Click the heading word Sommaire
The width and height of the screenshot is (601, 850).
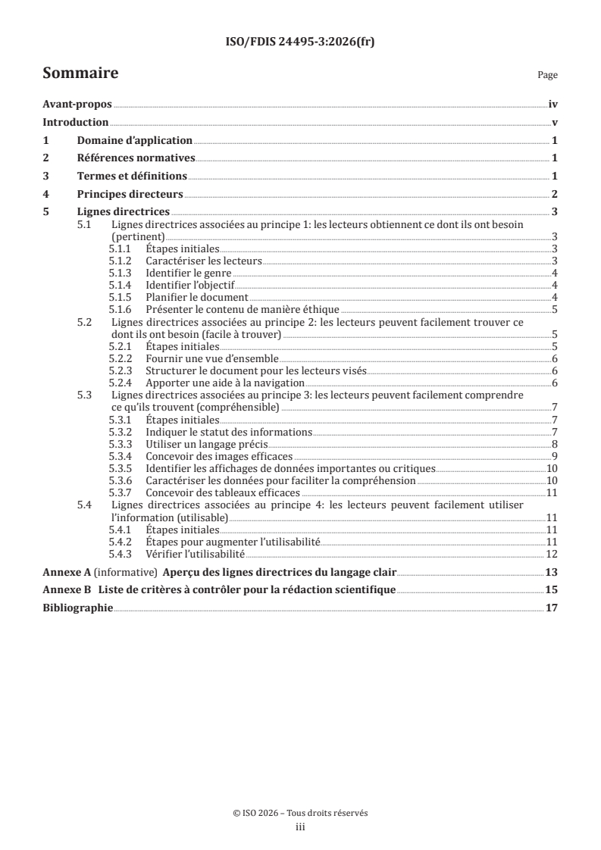point(80,73)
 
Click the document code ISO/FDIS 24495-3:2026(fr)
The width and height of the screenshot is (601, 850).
point(300,42)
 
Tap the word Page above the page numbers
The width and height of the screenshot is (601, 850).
point(547,75)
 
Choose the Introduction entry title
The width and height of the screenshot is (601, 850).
point(76,123)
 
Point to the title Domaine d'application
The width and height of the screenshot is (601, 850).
point(135,141)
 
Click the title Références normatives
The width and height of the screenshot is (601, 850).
point(136,158)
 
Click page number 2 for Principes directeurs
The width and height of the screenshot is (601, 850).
point(555,194)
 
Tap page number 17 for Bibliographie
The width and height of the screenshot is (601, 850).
point(552,608)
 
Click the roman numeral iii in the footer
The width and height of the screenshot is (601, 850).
point(300,828)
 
